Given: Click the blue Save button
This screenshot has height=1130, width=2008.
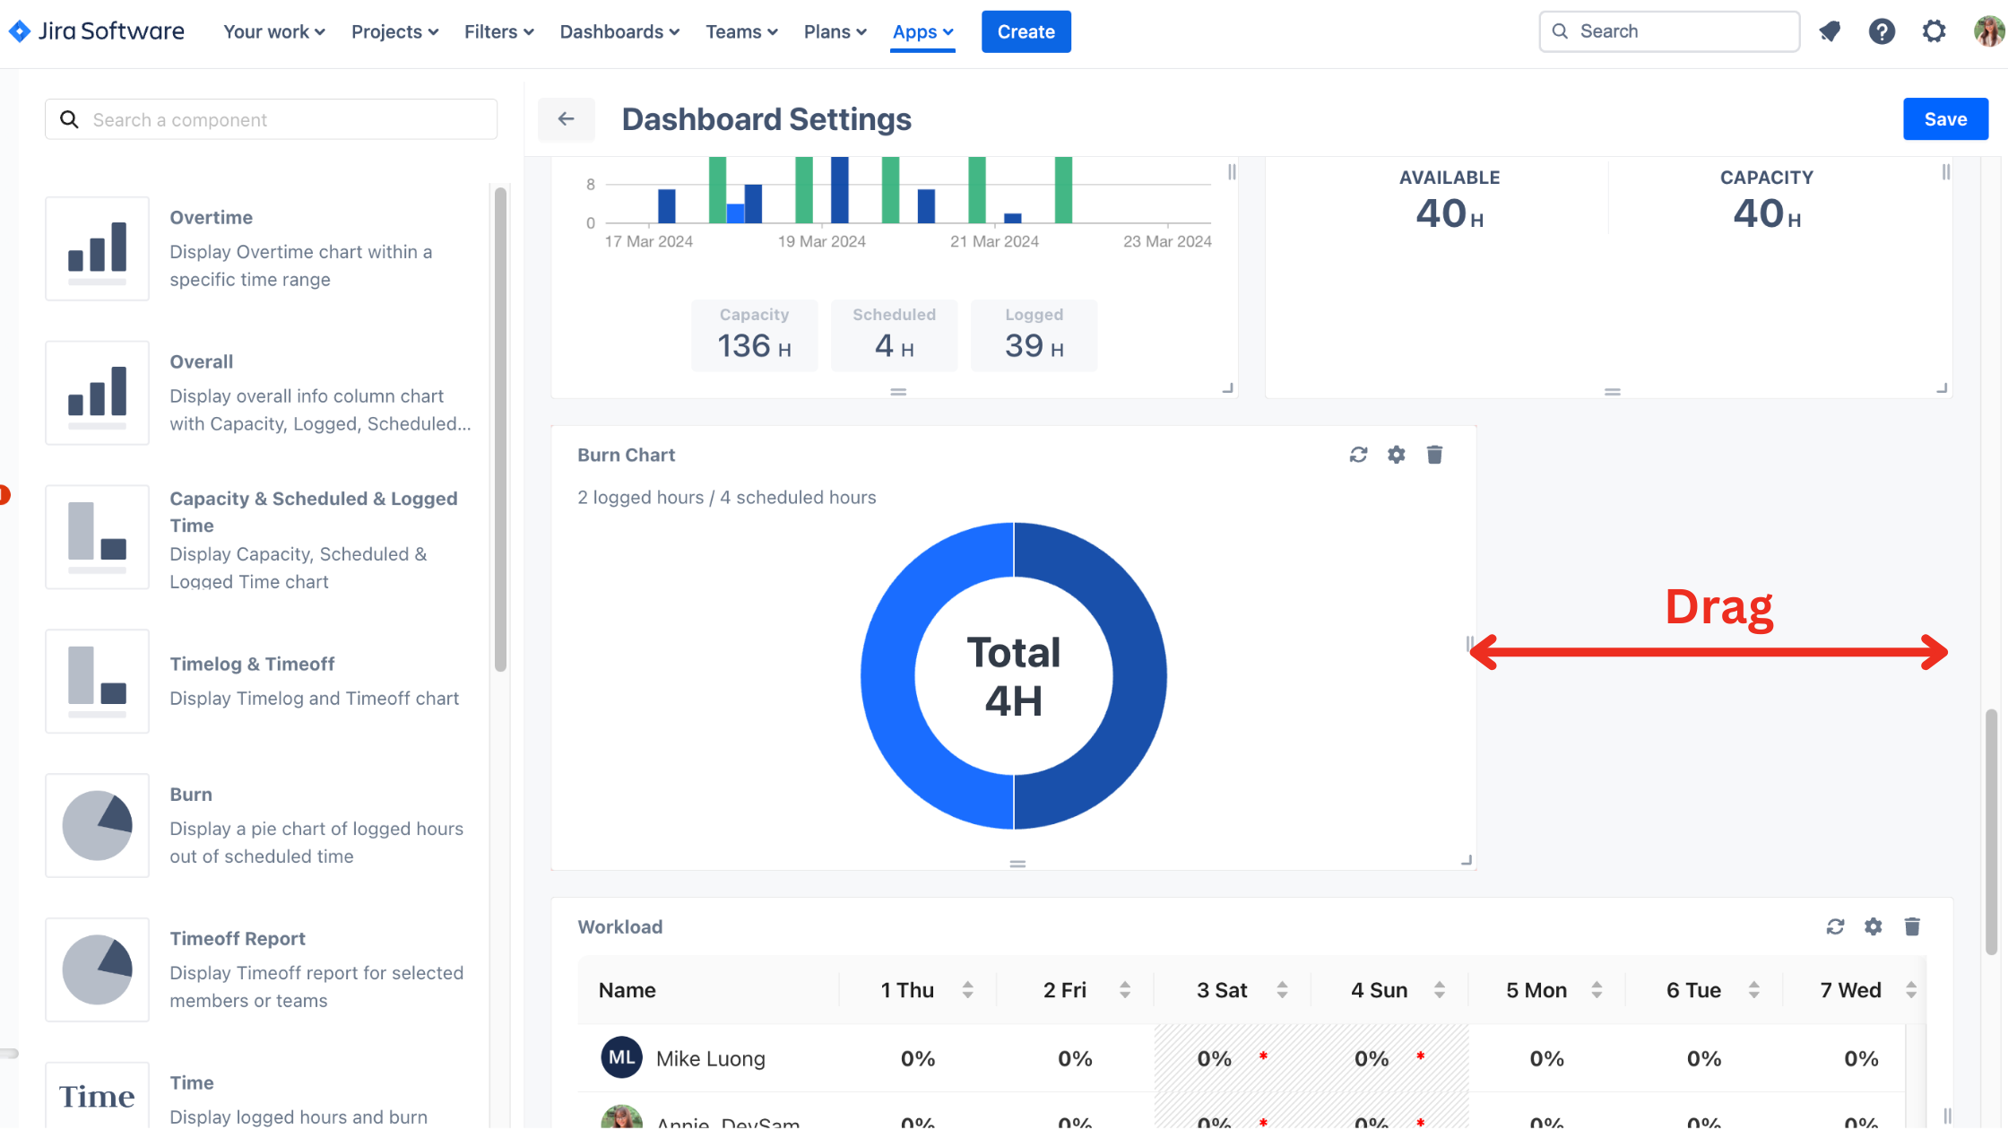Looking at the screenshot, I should click(x=1944, y=119).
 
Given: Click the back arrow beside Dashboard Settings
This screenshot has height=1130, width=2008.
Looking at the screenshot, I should click(x=566, y=119).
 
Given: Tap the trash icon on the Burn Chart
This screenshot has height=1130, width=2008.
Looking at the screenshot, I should click(x=1434, y=455).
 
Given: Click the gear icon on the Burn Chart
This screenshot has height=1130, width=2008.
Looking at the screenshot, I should click(x=1396, y=455).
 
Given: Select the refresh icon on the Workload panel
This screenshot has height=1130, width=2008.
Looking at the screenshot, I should click(x=1835, y=926).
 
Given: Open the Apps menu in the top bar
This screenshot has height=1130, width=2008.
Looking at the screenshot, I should click(x=922, y=32).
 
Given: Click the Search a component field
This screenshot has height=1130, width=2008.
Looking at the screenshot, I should click(x=271, y=119).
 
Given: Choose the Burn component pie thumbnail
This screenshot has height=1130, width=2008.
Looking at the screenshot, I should click(x=97, y=825).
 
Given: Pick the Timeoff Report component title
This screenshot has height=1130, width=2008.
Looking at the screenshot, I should click(x=238, y=938).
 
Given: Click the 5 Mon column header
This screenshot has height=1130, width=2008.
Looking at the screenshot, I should click(x=1536, y=990).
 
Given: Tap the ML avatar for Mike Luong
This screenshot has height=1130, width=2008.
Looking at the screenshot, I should click(x=621, y=1058).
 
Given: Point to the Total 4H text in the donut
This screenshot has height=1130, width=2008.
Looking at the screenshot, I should click(x=1013, y=676).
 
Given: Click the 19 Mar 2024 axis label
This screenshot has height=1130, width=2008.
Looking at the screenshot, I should click(x=821, y=241).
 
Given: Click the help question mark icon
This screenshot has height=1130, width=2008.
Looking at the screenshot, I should click(x=1881, y=32).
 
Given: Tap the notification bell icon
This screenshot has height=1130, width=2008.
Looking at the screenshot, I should click(x=1829, y=32).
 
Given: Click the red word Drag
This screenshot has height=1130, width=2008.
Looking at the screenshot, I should click(x=1718, y=607).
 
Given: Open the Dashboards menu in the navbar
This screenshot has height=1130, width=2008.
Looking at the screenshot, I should click(x=619, y=32).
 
